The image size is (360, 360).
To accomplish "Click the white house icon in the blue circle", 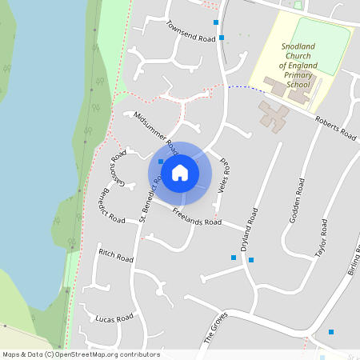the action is pyautogui.click(x=180, y=172).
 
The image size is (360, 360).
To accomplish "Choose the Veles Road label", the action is pyautogui.click(x=224, y=172).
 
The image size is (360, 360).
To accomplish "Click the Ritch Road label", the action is pyautogui.click(x=115, y=256).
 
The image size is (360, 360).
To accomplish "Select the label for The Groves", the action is pyautogui.click(x=216, y=327).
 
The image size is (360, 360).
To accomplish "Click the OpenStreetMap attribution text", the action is pyautogui.click(x=80, y=354).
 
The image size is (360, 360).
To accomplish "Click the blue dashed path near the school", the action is pyautogui.click(x=240, y=87).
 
